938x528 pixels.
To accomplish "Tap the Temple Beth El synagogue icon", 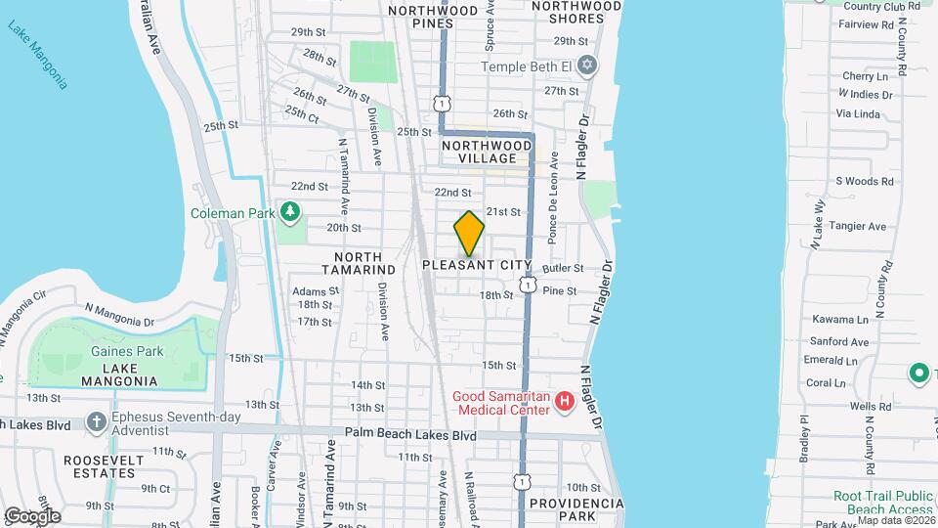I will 586,66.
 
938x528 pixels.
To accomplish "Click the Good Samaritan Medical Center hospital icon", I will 564,401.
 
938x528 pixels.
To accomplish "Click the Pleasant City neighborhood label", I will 477,265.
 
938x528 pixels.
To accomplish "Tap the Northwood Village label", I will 487,152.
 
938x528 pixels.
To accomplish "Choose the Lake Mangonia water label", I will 38,54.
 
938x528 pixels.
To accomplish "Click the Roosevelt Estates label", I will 110,466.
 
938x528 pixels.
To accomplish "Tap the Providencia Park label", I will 576,509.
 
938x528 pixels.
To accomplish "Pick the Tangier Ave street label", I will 857,226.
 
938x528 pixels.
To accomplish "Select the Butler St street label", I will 563,268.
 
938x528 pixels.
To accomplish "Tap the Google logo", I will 32,516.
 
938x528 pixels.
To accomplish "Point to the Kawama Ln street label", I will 840,320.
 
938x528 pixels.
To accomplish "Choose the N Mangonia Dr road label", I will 119,314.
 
